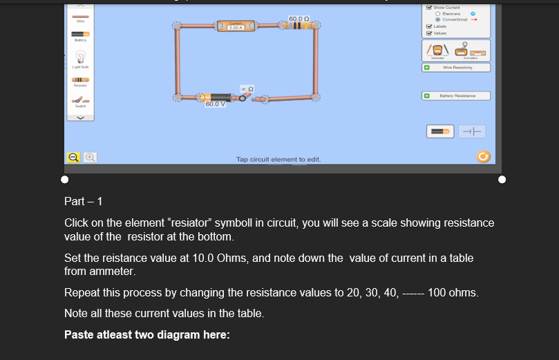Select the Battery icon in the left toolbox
(x=81, y=34)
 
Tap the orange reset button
(x=483, y=156)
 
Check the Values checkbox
(x=429, y=32)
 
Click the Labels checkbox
(x=429, y=26)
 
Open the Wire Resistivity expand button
(x=428, y=68)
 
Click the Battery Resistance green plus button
(x=428, y=95)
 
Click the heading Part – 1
(x=84, y=202)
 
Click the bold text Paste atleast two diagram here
(x=146, y=335)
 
